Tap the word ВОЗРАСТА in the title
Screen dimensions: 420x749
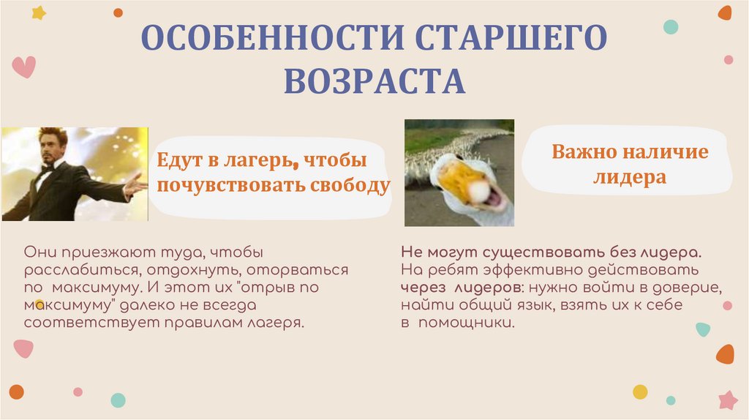pos(374,81)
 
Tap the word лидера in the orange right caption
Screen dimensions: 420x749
pos(630,178)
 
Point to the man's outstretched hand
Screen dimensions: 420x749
pos(135,186)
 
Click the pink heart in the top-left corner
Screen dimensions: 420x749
pos(23,67)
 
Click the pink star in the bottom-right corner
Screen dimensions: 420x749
pos(728,400)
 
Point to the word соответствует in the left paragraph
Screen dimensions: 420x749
pos(70,323)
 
